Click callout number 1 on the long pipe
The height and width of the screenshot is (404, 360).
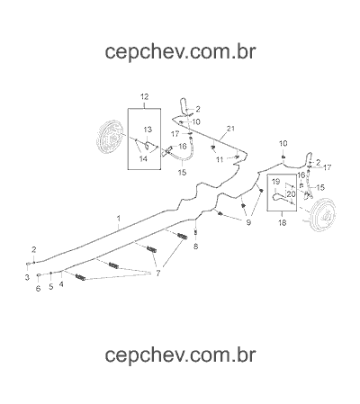click(119, 218)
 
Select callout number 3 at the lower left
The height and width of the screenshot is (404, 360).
click(27, 277)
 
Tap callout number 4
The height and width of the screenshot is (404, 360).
click(61, 284)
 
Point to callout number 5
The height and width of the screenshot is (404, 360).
click(51, 286)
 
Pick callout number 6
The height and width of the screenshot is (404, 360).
click(38, 289)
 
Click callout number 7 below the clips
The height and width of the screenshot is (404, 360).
click(158, 273)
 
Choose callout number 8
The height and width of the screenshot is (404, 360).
click(195, 247)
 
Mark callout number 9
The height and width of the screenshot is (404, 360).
click(248, 222)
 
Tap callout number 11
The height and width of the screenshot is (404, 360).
click(220, 159)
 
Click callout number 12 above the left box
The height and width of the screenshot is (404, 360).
click(145, 96)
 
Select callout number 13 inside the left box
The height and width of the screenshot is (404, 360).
click(148, 130)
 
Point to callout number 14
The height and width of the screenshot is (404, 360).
click(143, 158)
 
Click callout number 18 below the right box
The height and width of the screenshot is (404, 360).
click(283, 222)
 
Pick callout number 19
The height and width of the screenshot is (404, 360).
click(275, 182)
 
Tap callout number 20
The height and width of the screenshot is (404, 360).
click(291, 194)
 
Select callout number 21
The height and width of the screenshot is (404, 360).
click(230, 129)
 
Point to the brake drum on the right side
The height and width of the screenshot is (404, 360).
click(323, 215)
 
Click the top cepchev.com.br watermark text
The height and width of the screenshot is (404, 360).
click(181, 51)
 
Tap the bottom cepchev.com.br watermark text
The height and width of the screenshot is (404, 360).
click(181, 355)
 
